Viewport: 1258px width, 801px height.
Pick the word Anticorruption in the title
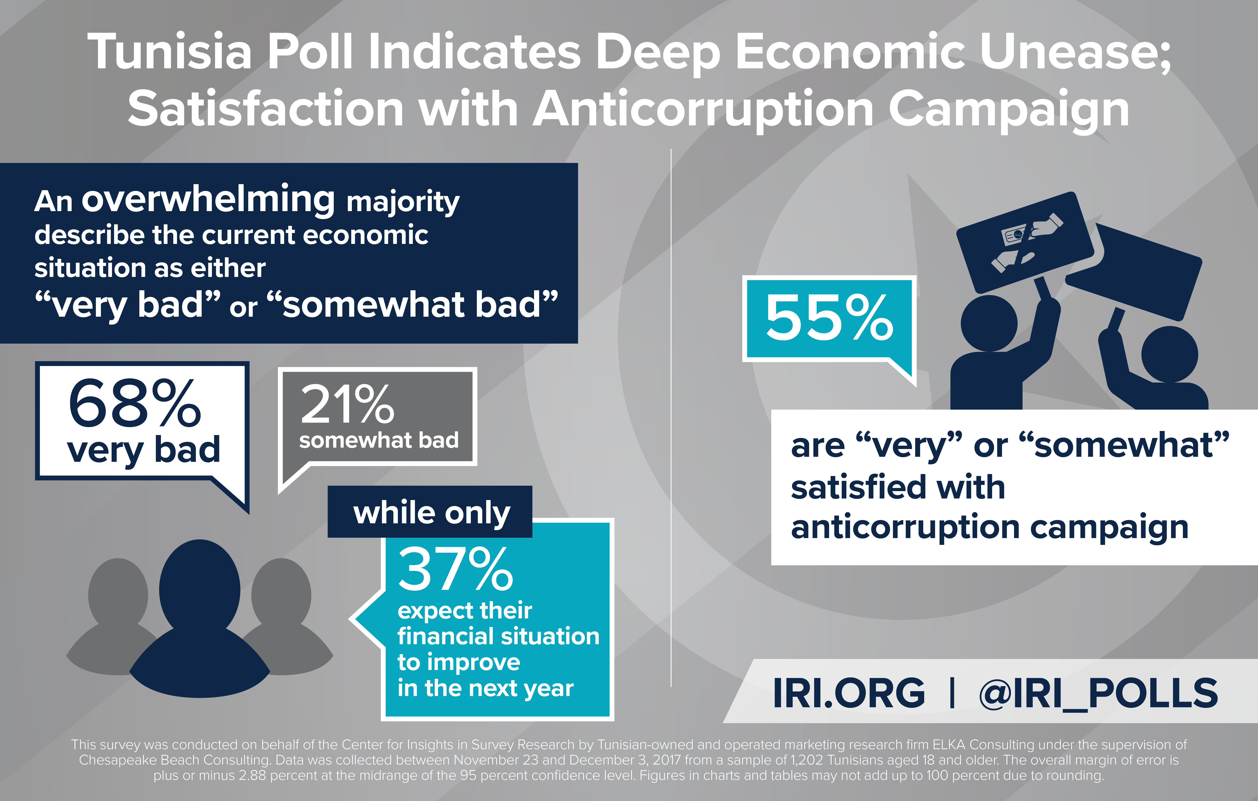(x=703, y=110)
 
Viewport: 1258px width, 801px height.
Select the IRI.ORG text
(x=848, y=694)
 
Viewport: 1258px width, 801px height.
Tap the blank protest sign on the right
(x=1134, y=271)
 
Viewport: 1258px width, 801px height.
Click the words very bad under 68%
(x=144, y=450)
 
